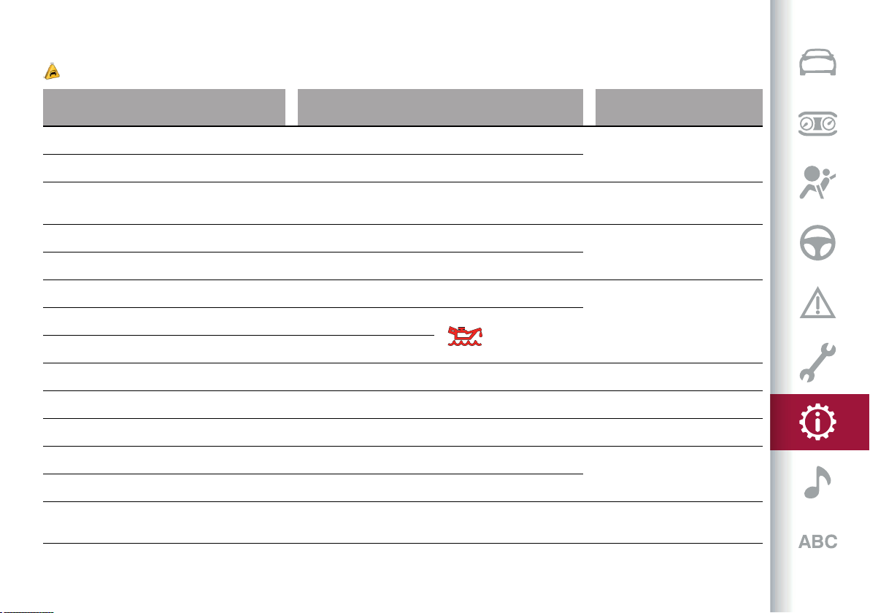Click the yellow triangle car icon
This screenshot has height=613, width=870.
pos(52,72)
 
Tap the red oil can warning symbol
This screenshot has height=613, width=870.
pos(465,336)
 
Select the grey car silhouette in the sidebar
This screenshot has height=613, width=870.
pos(817,62)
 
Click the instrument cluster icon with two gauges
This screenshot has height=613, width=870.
pos(817,123)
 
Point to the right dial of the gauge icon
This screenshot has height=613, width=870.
pos(828,123)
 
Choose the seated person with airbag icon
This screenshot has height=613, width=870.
pos(817,182)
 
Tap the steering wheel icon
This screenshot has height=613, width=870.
pos(817,243)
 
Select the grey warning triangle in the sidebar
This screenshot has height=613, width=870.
pos(817,302)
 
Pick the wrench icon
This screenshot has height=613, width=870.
pos(817,362)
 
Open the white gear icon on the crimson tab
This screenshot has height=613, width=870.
pos(817,422)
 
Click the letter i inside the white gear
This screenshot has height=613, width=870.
pos(817,423)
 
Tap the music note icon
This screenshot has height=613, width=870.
pos(817,482)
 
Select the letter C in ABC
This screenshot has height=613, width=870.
pos(831,541)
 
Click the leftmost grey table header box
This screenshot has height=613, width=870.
pos(164,107)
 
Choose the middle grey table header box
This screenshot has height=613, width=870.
pos(441,107)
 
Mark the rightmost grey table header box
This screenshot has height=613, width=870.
pos(679,107)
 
